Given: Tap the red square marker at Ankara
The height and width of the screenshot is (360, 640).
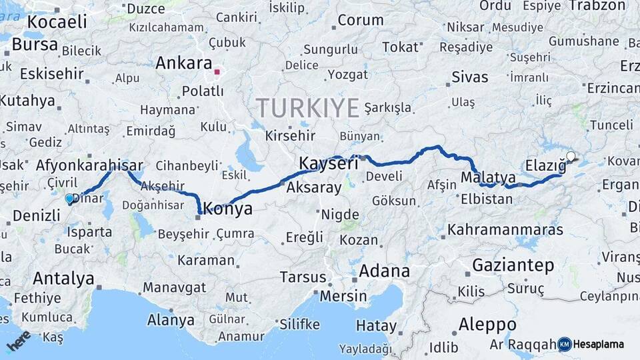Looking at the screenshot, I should (x=217, y=68).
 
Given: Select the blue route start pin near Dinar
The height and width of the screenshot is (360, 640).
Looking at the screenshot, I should (x=69, y=198).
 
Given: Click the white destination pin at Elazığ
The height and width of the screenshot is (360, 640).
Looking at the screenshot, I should (x=570, y=157).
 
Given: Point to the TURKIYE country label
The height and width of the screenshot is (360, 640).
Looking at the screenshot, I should (x=308, y=107).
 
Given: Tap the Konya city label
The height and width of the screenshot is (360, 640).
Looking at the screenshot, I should (x=227, y=209).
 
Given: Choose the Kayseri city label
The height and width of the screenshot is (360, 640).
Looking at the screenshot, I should (x=329, y=163).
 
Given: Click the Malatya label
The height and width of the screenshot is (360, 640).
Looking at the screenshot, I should (x=489, y=177).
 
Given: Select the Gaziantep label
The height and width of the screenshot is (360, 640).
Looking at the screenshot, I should (x=513, y=265).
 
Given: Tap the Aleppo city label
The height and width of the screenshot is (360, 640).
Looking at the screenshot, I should (x=487, y=325).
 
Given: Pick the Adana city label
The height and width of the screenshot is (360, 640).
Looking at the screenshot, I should (x=385, y=271).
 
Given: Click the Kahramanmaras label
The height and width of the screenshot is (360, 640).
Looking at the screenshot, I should (x=505, y=230).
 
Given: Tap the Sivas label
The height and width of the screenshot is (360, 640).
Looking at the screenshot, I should (x=470, y=77).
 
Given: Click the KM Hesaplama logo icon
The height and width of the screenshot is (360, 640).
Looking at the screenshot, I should (x=565, y=344).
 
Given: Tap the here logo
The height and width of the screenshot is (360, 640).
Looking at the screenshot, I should (x=18, y=341).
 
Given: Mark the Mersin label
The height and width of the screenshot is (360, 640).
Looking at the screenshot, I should (x=342, y=295).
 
